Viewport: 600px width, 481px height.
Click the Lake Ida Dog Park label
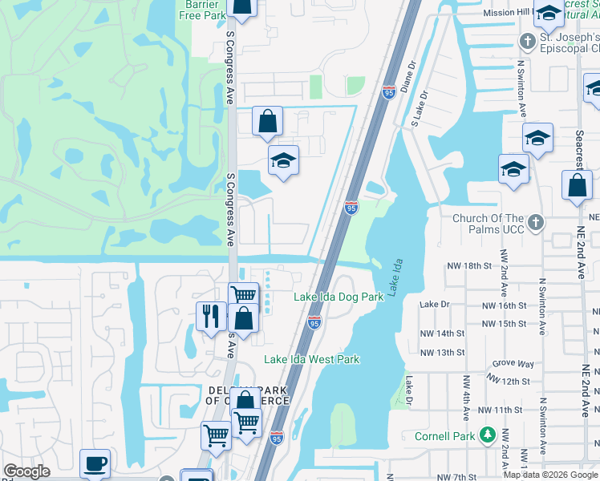point(339,297)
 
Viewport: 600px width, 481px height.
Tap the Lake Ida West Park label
point(312,360)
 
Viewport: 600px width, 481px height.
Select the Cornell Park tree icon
point(486,435)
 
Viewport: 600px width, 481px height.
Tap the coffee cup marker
point(95,463)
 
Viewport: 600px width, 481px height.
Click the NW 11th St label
point(503,410)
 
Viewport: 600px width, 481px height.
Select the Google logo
point(26,471)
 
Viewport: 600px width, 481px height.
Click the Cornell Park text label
point(445,437)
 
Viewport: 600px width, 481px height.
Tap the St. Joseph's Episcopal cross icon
point(528,41)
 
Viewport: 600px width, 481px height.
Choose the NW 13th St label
point(442,353)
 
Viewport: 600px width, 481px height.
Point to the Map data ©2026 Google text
point(550,475)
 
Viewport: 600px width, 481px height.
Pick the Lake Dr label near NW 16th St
point(436,305)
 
